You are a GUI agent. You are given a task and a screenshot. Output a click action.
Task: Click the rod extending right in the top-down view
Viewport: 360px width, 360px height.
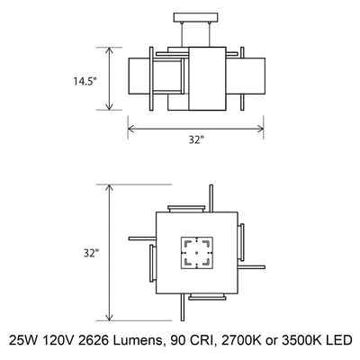tap(254, 265)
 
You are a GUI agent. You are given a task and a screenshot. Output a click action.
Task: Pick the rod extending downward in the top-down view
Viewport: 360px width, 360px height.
tap(185, 311)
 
